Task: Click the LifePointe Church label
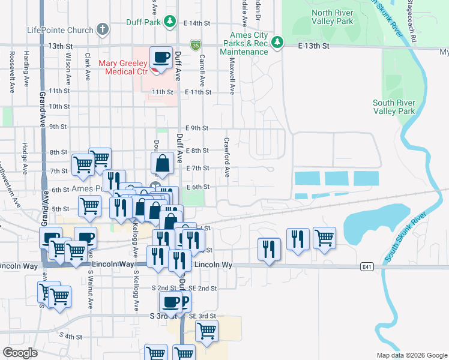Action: (x=60, y=29)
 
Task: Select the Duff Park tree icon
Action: (x=170, y=23)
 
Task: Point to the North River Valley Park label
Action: (x=341, y=17)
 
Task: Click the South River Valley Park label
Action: (x=394, y=107)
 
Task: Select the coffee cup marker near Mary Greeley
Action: (x=161, y=58)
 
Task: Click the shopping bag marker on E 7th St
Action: (x=162, y=163)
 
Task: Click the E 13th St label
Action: (x=314, y=46)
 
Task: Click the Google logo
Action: (x=20, y=353)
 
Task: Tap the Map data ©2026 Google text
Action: (x=411, y=355)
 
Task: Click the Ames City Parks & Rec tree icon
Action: (x=277, y=42)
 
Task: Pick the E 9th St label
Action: (x=197, y=128)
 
